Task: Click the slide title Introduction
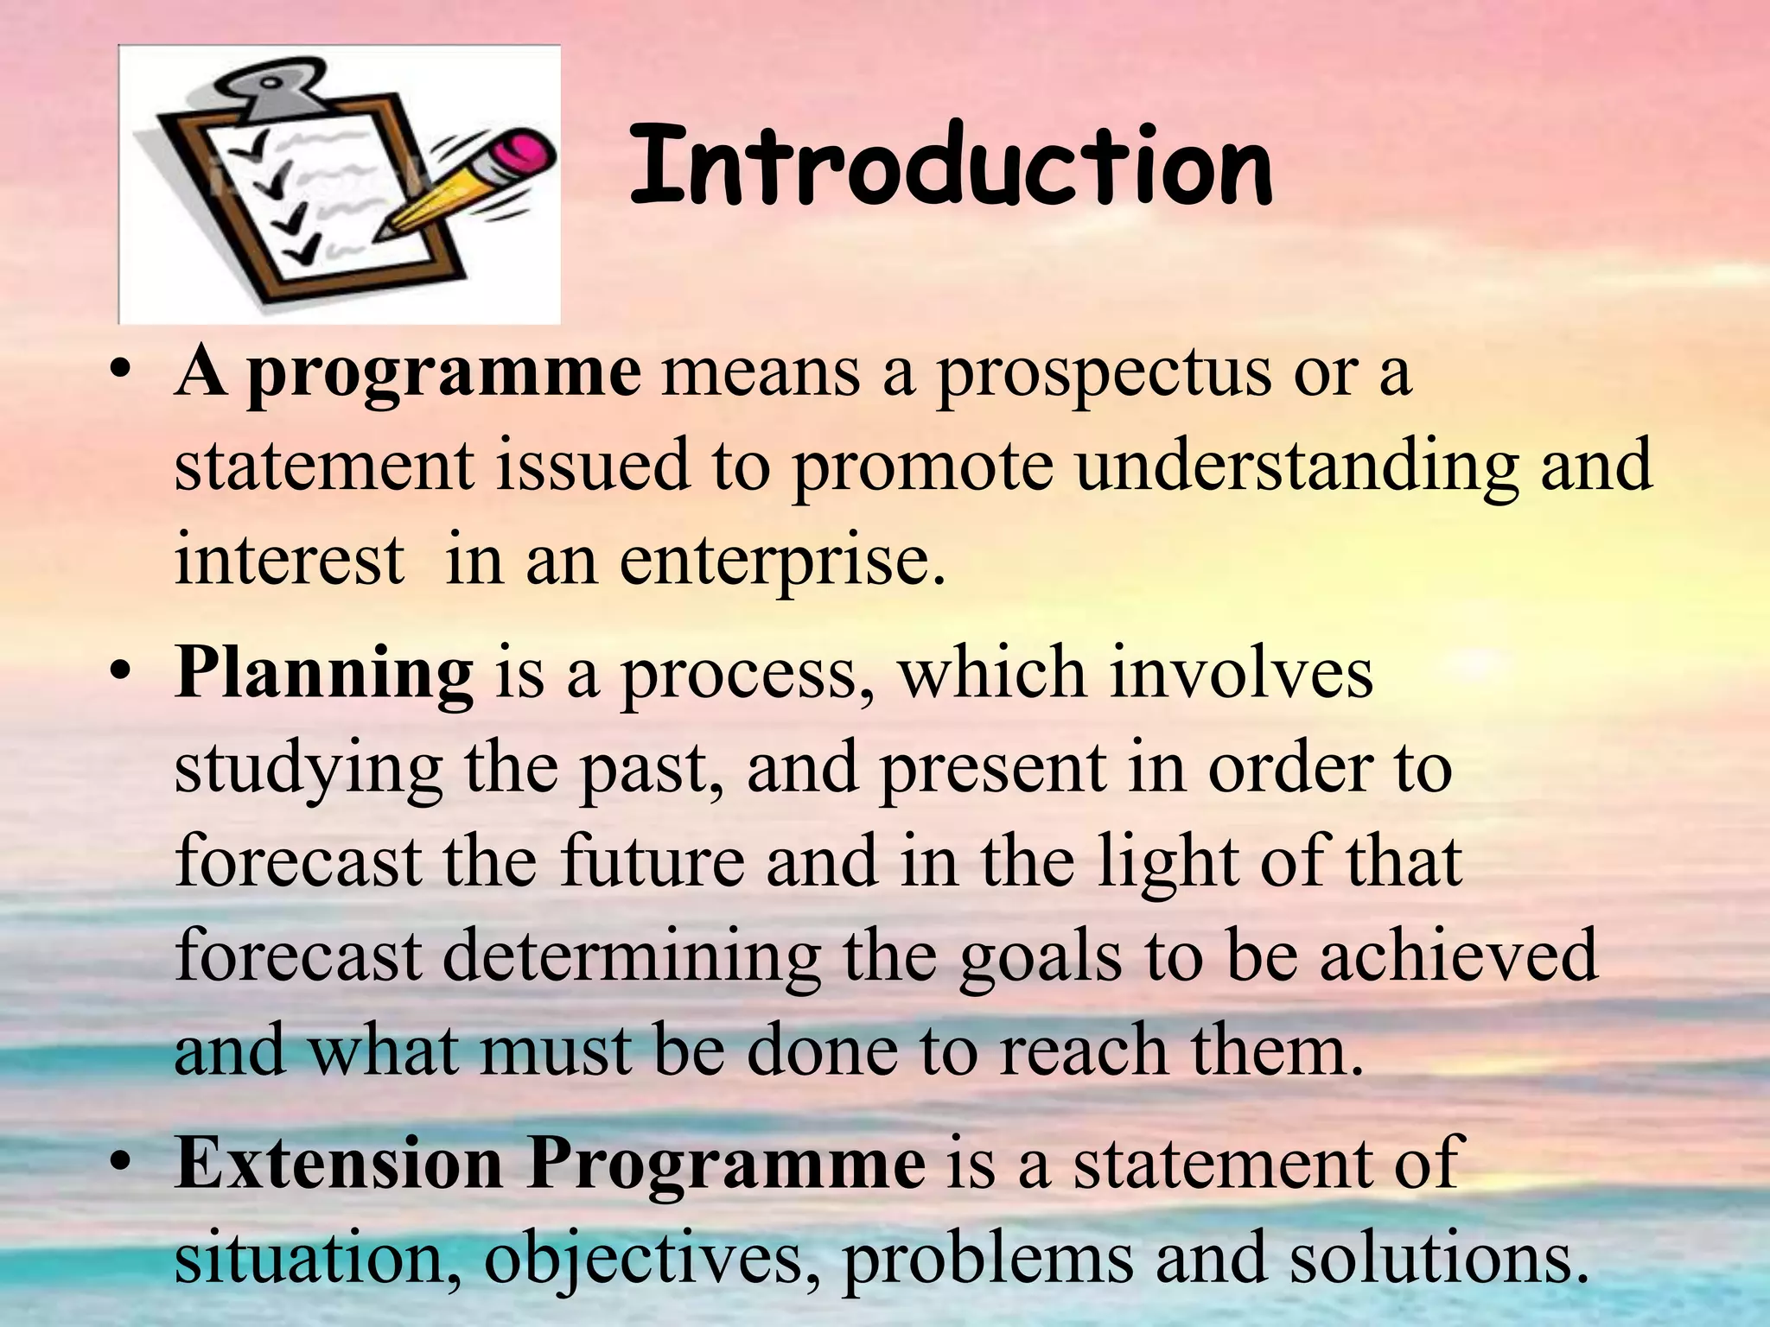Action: coord(951,166)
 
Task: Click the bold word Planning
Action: coord(324,674)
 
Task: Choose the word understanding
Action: coord(1296,467)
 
